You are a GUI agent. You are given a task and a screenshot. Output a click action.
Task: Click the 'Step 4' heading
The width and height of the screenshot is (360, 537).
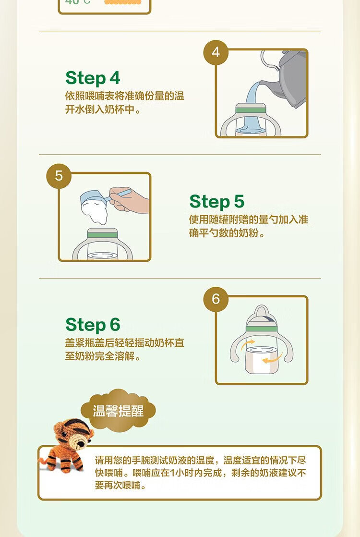pyautogui.click(x=93, y=78)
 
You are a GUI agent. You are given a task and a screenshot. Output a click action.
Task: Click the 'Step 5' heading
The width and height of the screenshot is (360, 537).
pyautogui.click(x=216, y=202)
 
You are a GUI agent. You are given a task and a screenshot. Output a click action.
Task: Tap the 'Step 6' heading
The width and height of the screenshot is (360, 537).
pyautogui.click(x=93, y=325)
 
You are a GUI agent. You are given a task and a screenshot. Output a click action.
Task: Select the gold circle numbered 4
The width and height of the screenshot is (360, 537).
pyautogui.click(x=216, y=52)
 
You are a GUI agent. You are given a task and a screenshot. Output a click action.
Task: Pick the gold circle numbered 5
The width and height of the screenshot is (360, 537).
pyautogui.click(x=59, y=176)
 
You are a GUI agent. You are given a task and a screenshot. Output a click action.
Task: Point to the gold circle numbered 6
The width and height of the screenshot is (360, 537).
pyautogui.click(x=216, y=299)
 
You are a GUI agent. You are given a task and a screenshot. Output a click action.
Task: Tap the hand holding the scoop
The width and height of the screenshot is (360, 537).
pyautogui.click(x=129, y=200)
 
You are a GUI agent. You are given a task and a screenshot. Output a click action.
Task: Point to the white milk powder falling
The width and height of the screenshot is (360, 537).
pyautogui.click(x=95, y=212)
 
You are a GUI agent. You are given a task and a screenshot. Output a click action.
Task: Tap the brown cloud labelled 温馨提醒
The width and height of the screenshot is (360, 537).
pyautogui.click(x=118, y=410)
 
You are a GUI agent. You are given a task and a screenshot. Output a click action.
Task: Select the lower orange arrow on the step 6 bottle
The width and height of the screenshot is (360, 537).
pyautogui.click(x=272, y=359)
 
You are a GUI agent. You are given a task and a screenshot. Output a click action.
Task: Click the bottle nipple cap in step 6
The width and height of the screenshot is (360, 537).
pyautogui.click(x=262, y=316)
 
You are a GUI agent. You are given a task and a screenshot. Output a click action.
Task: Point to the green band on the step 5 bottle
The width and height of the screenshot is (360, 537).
pyautogui.click(x=102, y=234)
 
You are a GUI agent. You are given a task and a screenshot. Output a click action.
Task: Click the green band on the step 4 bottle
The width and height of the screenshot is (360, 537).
pyautogui.click(x=251, y=110)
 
